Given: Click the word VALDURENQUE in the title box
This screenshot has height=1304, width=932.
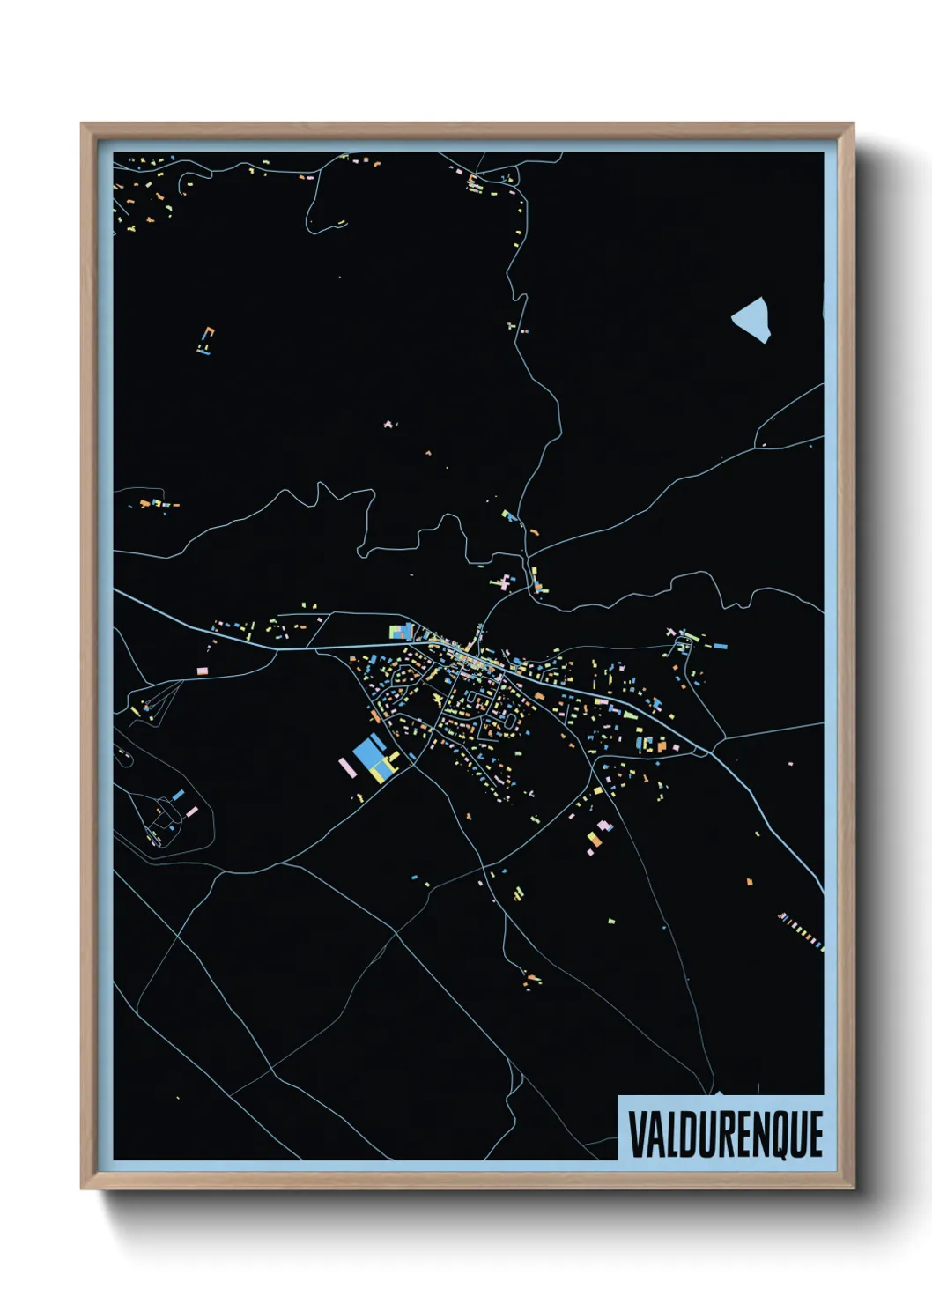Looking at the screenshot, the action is [726, 1134].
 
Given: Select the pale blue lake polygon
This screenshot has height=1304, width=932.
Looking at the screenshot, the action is [751, 318].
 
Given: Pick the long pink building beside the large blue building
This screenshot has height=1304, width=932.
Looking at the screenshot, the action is [347, 767].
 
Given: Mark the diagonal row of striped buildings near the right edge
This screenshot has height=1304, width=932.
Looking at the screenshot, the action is [801, 932].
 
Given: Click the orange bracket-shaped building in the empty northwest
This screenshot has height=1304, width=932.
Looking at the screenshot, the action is [207, 339].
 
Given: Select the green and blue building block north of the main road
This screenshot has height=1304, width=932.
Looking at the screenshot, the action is [402, 631].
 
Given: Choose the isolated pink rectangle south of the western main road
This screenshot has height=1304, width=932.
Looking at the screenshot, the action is [202, 671].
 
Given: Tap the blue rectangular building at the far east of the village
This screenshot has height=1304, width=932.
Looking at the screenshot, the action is [721, 646].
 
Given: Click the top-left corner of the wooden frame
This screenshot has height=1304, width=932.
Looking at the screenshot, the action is [83, 125].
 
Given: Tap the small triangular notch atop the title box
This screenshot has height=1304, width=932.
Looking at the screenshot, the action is [719, 1093].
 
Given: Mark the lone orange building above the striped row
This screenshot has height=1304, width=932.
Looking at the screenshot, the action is [750, 880].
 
